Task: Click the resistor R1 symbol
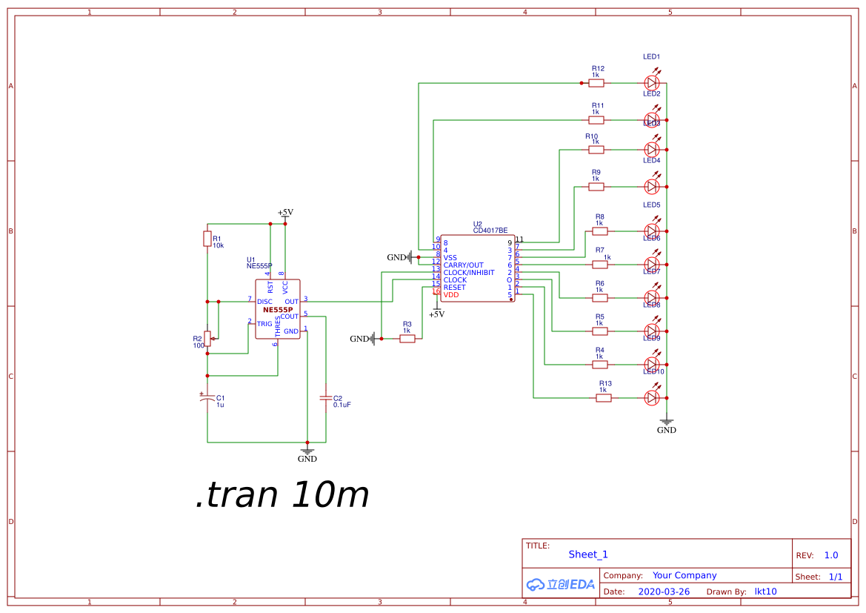pyautogui.click(x=207, y=239)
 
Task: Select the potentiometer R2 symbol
pyautogui.click(x=207, y=339)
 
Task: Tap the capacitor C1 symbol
pyautogui.click(x=207, y=399)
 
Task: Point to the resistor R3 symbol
pyautogui.click(x=407, y=339)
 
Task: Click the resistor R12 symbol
pyautogui.click(x=596, y=83)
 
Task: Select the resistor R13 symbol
pyautogui.click(x=604, y=398)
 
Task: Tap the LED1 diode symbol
pyautogui.click(x=652, y=83)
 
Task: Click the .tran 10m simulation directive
pyautogui.click(x=282, y=494)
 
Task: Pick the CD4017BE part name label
pyautogui.click(x=490, y=231)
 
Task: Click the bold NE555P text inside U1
pyautogui.click(x=278, y=310)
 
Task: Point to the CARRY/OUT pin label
pyautogui.click(x=464, y=265)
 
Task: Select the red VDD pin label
pyautogui.click(x=451, y=295)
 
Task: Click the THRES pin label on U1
pyautogui.click(x=278, y=326)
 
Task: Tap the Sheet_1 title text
pyautogui.click(x=588, y=554)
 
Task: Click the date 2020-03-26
pyautogui.click(x=664, y=592)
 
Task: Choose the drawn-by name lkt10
pyautogui.click(x=765, y=592)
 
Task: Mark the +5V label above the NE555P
pyautogui.click(x=285, y=213)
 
